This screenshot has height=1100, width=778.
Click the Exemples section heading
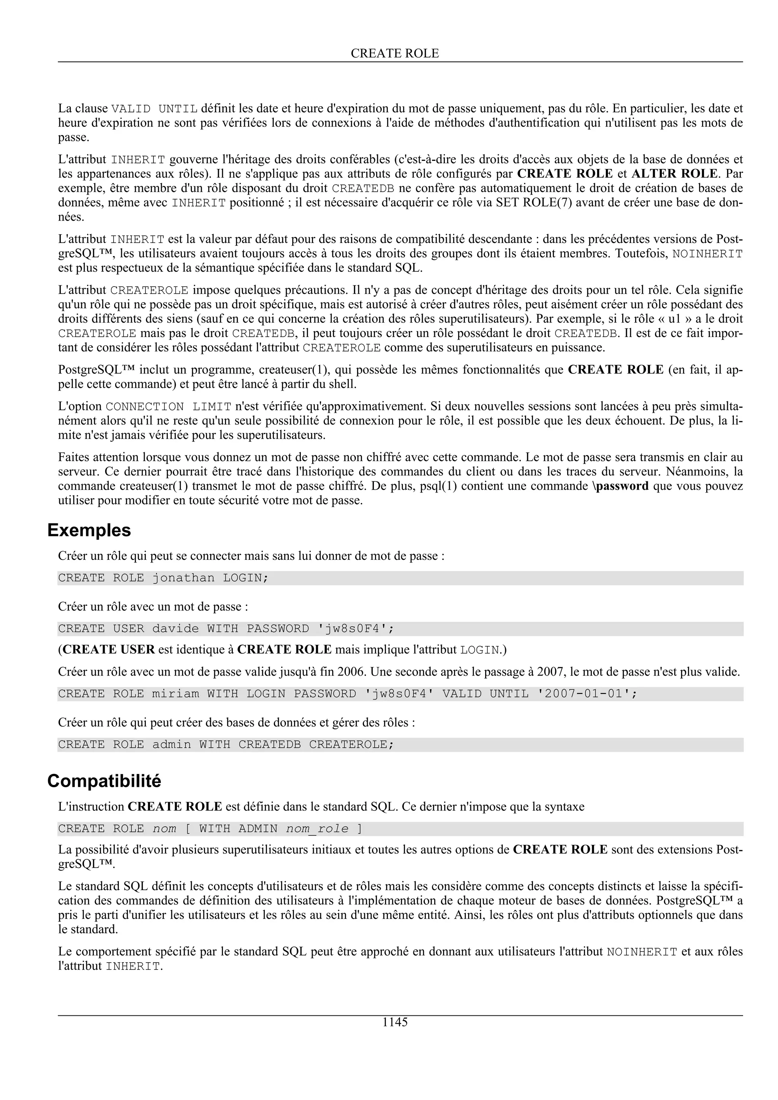pos(89,530)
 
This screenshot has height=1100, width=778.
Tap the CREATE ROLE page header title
pos(395,53)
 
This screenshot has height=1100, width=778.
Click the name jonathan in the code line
pos(183,578)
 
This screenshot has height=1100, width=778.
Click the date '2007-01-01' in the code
pos(584,694)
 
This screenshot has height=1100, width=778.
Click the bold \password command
pos(620,486)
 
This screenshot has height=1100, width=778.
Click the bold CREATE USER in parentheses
pos(109,650)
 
